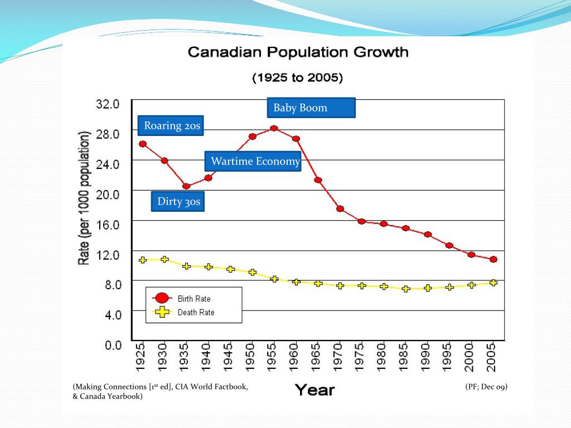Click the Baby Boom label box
coord(311,108)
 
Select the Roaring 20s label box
coord(170,125)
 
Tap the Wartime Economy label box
coord(253,162)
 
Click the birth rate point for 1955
coord(274,128)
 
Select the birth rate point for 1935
coord(186,186)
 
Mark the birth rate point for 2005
coord(493,259)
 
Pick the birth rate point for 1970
coord(340,208)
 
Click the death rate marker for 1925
coord(143,260)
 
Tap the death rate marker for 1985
coord(405,289)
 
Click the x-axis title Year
coord(315,390)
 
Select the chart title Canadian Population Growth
coord(298,53)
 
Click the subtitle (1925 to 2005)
coord(298,77)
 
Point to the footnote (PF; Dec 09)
coord(486,387)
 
